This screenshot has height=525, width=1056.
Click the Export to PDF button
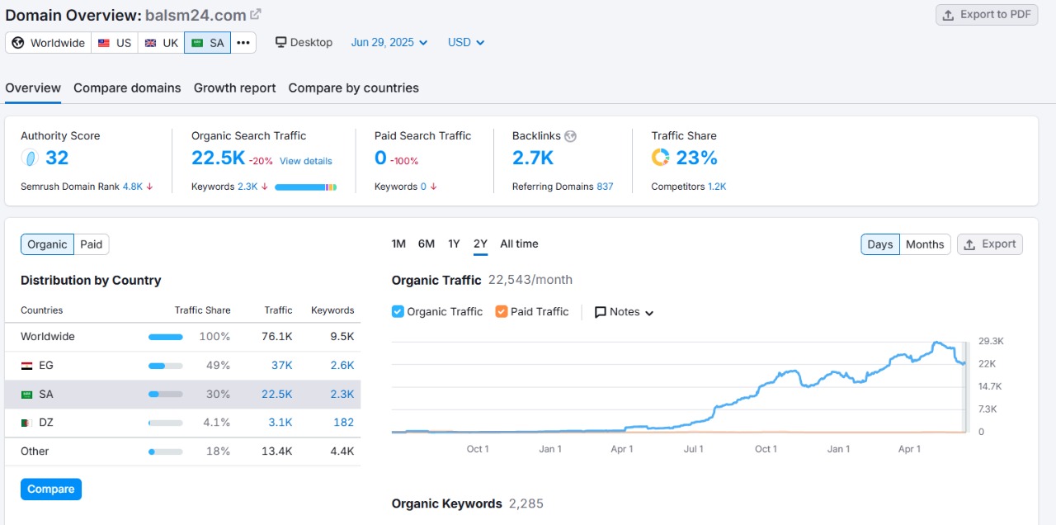(x=987, y=15)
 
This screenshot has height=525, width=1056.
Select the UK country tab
(x=161, y=43)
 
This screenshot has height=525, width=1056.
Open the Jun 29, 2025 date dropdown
(x=389, y=42)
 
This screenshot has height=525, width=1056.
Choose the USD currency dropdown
(x=466, y=42)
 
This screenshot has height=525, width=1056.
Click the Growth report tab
(x=234, y=88)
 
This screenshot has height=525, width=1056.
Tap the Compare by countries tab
(x=353, y=88)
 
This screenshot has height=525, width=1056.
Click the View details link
(x=305, y=161)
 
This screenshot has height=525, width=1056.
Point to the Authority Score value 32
(x=57, y=158)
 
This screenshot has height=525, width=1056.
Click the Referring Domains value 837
(x=605, y=187)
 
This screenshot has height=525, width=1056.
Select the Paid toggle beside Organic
(x=92, y=244)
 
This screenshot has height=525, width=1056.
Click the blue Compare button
(x=51, y=490)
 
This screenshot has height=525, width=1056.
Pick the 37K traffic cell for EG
(x=281, y=365)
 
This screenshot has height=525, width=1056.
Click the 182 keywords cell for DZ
(x=343, y=422)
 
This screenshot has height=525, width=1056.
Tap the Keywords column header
(x=332, y=310)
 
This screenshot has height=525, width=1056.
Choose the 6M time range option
(x=426, y=244)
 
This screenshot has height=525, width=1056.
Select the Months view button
(x=924, y=244)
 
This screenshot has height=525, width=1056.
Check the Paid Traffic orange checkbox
(x=502, y=312)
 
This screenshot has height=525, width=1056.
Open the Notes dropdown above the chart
(x=624, y=312)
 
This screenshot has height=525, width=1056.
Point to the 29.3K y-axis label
(x=990, y=341)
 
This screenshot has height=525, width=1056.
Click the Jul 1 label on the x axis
(x=694, y=449)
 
